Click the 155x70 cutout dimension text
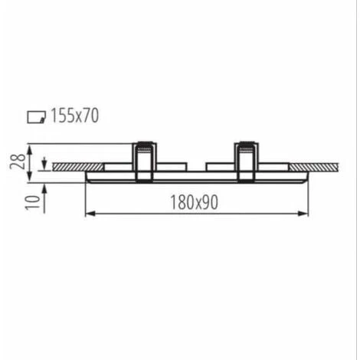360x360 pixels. (x=74, y=116)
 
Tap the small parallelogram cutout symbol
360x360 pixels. (x=36, y=117)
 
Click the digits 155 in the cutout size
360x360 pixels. (x=63, y=116)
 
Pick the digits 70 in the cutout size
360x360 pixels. (x=90, y=116)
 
